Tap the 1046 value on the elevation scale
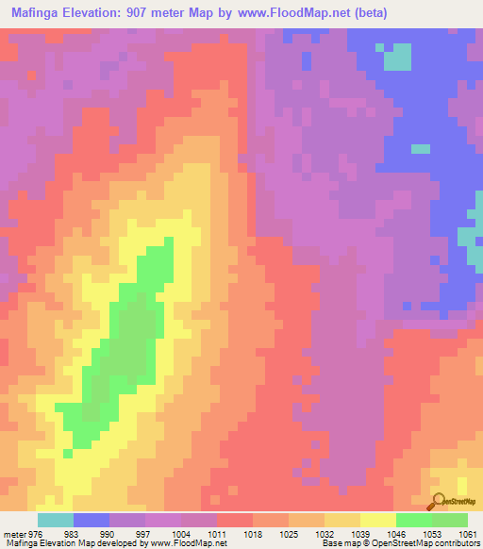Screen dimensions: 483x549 [396, 534]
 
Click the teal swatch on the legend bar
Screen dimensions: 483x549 [55, 520]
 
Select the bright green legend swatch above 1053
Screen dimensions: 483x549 [413, 520]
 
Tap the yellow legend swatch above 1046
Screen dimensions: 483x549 [377, 520]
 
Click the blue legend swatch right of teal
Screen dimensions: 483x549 [91, 520]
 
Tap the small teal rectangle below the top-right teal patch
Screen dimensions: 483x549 [420, 148]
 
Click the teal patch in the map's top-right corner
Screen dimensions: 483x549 [399, 58]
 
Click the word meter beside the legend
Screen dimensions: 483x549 [14, 534]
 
